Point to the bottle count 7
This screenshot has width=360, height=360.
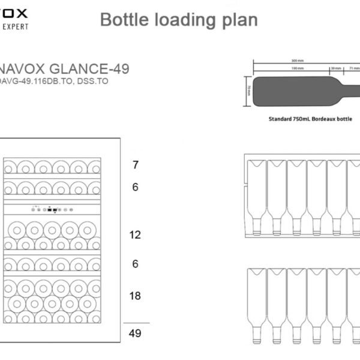coord(136,164)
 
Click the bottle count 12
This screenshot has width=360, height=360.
coord(136,235)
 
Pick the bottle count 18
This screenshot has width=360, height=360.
coord(136,296)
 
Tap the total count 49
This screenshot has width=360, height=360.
coord(136,333)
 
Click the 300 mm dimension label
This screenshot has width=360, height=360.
coord(298,61)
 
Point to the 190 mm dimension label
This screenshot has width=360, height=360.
coord(296,68)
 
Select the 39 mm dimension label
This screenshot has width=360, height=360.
coord(336,68)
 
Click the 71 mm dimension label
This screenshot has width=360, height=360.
coord(353,68)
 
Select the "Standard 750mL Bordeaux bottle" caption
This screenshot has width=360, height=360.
coord(310,119)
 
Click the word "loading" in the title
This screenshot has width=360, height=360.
coord(179,20)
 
